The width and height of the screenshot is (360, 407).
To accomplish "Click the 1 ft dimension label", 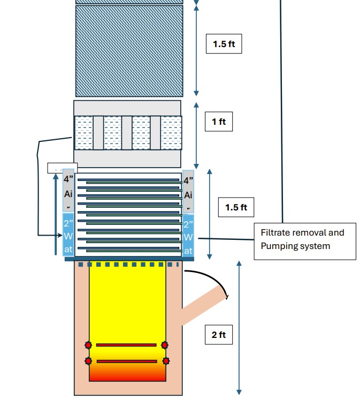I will (x=219, y=122).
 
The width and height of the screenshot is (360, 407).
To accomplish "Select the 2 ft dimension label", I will (x=219, y=335).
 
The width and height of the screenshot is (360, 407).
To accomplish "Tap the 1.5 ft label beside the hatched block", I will (x=224, y=44).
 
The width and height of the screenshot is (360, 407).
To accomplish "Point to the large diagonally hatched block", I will (x=129, y=51).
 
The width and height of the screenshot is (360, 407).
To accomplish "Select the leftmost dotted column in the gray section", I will (x=83, y=133).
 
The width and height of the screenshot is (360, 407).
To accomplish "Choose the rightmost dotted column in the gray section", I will (x=171, y=133).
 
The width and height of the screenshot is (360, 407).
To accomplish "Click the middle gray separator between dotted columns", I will (x=127, y=133).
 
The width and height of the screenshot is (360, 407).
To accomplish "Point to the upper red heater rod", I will (x=126, y=345).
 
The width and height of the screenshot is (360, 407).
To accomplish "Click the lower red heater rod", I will (x=126, y=361).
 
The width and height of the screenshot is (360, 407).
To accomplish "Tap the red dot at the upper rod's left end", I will (x=88, y=345).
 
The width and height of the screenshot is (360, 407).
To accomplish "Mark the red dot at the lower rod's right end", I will (x=166, y=361).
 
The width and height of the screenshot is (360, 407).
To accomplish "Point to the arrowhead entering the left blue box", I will (x=60, y=235).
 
